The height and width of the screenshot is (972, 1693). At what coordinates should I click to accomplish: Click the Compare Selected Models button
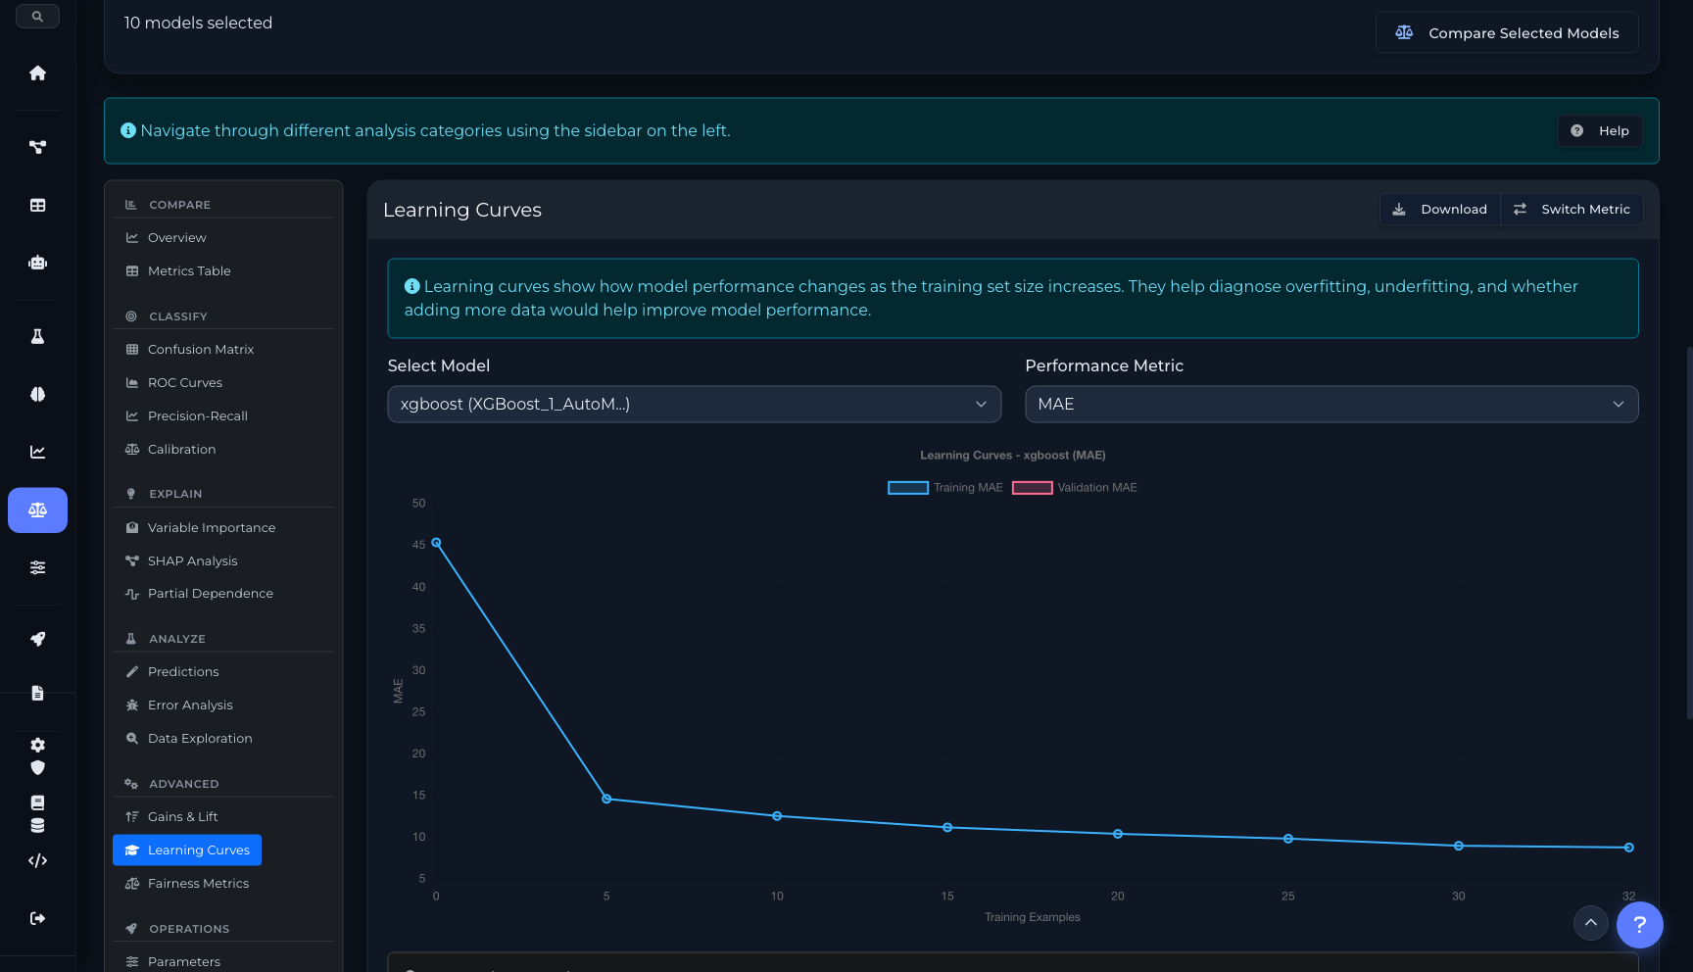click(1507, 33)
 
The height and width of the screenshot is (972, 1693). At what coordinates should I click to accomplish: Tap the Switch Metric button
click(1572, 210)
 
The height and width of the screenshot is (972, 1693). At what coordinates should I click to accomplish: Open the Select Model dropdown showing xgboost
click(694, 405)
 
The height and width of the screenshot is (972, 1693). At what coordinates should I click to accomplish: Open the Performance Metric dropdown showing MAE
click(1330, 405)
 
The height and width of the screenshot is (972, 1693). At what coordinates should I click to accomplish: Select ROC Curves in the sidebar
click(185, 383)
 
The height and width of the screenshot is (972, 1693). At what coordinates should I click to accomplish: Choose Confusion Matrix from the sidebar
click(201, 350)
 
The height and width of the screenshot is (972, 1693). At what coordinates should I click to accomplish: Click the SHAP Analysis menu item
click(193, 561)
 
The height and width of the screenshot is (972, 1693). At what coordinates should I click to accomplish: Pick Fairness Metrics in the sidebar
click(198, 884)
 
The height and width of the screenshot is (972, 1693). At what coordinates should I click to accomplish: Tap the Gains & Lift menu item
click(183, 817)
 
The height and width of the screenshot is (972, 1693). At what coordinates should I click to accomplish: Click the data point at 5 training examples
click(606, 800)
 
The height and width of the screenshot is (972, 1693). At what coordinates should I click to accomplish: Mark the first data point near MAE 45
click(437, 543)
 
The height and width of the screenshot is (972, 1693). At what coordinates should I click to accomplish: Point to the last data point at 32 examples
click(1628, 848)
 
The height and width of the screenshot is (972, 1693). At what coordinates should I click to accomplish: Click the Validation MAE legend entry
click(1075, 488)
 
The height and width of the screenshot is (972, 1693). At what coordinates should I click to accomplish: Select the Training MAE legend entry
click(945, 488)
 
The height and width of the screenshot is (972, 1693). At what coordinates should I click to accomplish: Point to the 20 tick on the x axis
click(1118, 897)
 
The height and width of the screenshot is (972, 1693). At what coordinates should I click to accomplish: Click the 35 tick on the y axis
click(419, 629)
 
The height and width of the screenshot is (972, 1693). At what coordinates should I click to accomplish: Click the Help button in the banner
click(1600, 131)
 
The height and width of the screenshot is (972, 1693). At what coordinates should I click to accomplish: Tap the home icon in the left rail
click(38, 73)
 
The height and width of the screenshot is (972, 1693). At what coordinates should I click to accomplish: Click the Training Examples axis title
click(1033, 918)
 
